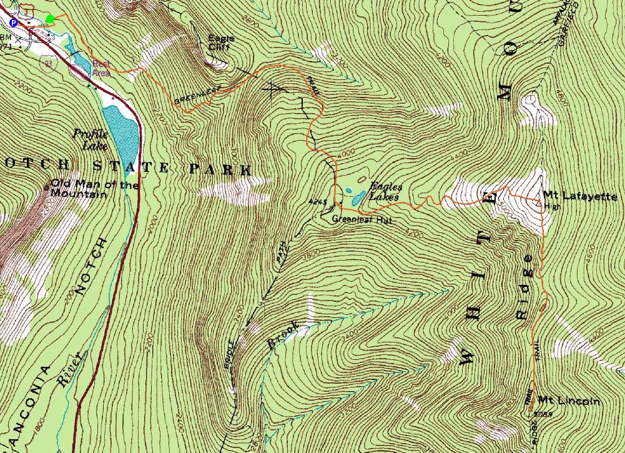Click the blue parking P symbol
12,22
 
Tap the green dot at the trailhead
50,19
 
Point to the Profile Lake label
91,139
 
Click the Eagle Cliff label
222,43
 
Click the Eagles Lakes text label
385,191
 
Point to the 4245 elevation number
317,202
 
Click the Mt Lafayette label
579,196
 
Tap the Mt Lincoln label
568,401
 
